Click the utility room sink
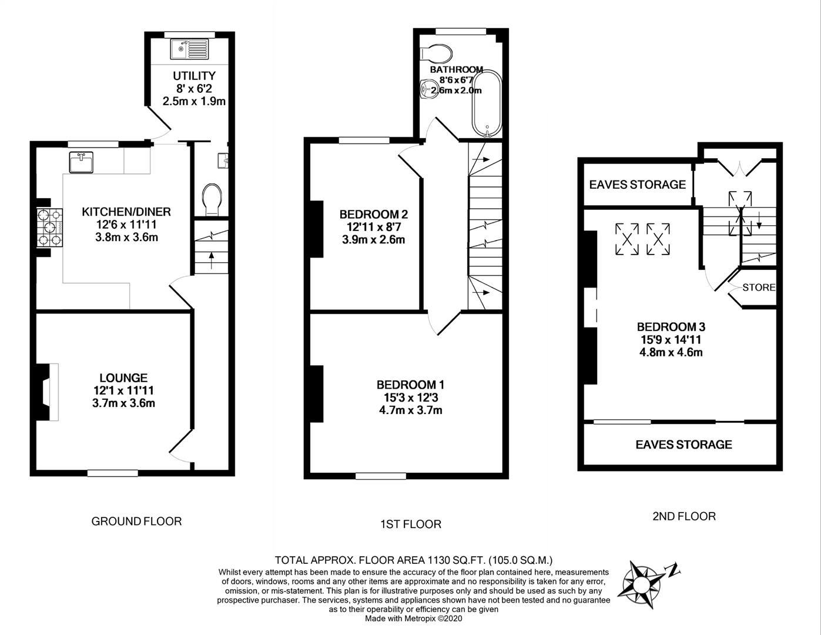(189, 49)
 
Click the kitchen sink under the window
(81, 162)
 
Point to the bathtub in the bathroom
(487, 103)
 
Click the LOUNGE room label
(123, 378)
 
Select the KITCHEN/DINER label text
(126, 212)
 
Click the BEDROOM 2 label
(373, 214)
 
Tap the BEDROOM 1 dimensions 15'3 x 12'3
(410, 397)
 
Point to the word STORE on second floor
(759, 288)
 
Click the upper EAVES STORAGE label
(638, 185)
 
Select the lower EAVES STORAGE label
(683, 444)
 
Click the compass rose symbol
(644, 580)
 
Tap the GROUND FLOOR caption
(136, 521)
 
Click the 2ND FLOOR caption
(683, 516)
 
